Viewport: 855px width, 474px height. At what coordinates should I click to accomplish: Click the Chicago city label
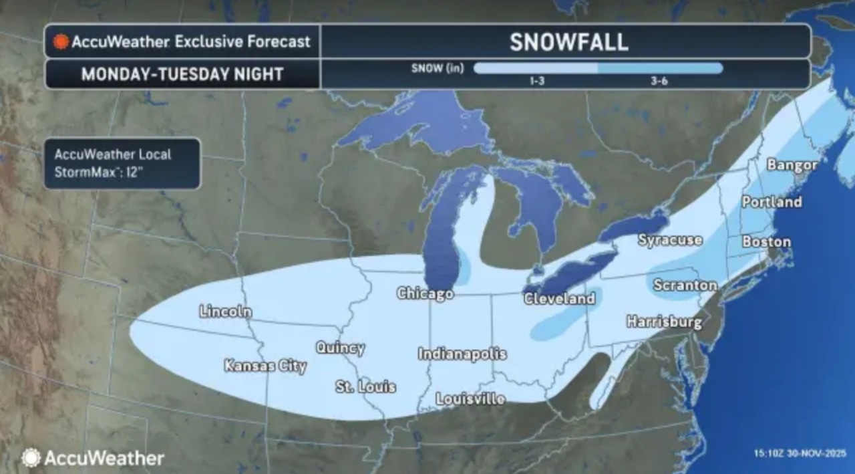pyautogui.click(x=425, y=293)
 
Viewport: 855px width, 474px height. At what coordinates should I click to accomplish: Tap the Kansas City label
pyautogui.click(x=265, y=366)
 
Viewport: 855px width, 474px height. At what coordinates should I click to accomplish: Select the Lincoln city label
pyautogui.click(x=225, y=311)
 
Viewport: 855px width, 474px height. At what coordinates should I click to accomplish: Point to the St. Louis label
pyautogui.click(x=365, y=386)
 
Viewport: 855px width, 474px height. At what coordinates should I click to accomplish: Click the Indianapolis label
pyautogui.click(x=462, y=354)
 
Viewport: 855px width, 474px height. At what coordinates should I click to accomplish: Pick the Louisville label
pyautogui.click(x=470, y=398)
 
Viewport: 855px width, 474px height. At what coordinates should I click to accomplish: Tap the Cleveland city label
pyautogui.click(x=560, y=298)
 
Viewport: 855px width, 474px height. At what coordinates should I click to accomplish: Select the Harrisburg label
pyautogui.click(x=665, y=322)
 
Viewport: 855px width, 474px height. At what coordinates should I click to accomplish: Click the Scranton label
pyautogui.click(x=685, y=285)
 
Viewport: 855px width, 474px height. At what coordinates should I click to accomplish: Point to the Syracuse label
pyautogui.click(x=670, y=239)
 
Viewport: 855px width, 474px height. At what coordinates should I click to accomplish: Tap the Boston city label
pyautogui.click(x=767, y=241)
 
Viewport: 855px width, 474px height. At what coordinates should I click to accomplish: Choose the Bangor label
pyautogui.click(x=792, y=164)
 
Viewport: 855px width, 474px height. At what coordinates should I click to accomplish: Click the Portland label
pyautogui.click(x=772, y=201)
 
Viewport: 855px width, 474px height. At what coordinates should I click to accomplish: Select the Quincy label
pyautogui.click(x=340, y=348)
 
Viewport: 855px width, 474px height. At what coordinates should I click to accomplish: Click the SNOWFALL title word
pyautogui.click(x=568, y=41)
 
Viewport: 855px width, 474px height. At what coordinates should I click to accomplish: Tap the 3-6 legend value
pyautogui.click(x=659, y=81)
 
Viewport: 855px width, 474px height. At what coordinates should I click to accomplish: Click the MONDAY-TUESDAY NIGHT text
pyautogui.click(x=182, y=74)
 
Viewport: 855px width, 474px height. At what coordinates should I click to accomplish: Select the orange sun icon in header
pyautogui.click(x=61, y=41)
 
